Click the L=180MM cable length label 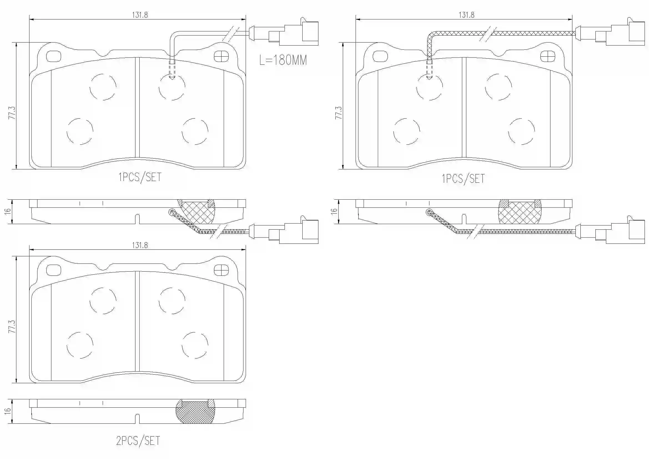point(283,60)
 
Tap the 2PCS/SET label point(138,441)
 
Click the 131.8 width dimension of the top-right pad point(466,15)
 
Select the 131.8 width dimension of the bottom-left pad point(140,245)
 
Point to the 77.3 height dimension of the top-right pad point(338,112)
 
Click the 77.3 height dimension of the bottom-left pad point(12,326)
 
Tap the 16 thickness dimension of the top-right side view point(334,211)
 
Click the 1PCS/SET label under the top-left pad point(140,177)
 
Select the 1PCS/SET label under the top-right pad point(463,179)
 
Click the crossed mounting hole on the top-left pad point(221,57)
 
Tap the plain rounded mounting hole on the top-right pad point(380,57)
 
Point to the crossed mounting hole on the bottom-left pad point(221,270)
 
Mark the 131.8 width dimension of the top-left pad point(140,15)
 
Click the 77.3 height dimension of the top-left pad point(12,112)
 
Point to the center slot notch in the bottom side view point(137,418)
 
